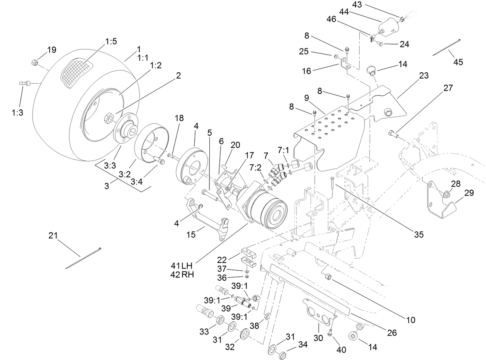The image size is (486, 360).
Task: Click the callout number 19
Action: pos(52,49)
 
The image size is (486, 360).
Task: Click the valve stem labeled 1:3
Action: pos(24,84)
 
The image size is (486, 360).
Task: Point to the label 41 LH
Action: pos(182,266)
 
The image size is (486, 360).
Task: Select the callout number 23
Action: pos(424,76)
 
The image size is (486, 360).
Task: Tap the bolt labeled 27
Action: pos(393,134)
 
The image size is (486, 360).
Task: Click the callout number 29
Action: pos(469,193)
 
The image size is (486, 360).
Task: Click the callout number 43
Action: pos(357,5)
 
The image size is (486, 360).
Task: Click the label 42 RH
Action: pos(182,275)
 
